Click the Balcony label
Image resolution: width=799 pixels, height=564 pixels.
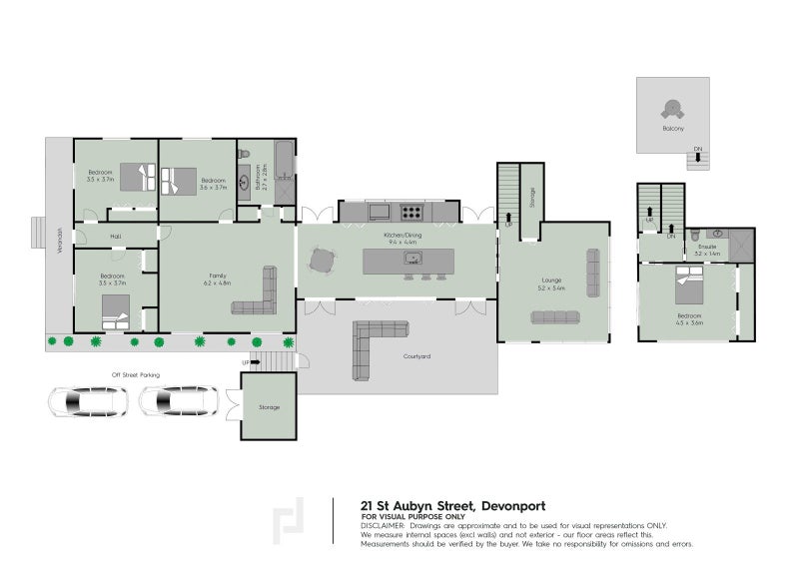[673, 130]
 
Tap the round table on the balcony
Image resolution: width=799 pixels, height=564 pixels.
[673, 109]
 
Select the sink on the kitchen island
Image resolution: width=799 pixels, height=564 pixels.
[410, 259]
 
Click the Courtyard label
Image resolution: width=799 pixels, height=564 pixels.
[416, 355]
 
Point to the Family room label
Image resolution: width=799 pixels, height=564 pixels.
[216, 278]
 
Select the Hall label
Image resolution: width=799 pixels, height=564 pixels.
[115, 237]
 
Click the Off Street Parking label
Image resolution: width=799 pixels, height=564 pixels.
[135, 374]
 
